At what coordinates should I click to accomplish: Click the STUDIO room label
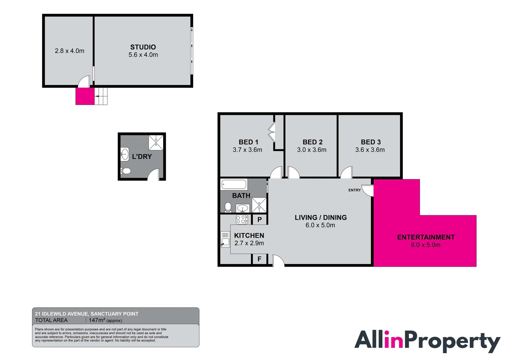coord(143,47)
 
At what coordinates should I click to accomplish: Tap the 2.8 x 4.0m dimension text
coord(69,51)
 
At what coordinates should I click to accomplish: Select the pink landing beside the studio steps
coord(85,96)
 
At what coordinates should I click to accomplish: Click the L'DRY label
coord(142,157)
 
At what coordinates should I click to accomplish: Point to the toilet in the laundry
coord(126,171)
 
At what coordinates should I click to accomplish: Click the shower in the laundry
coord(156,142)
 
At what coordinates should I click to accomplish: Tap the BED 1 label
coord(248,142)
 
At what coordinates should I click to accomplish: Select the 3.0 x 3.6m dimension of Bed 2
coord(311,150)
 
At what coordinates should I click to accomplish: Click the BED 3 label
coord(370,142)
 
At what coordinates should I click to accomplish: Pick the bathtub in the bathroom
coord(234,184)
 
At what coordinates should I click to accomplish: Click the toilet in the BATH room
coord(228,207)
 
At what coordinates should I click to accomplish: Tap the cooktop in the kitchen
coord(242,219)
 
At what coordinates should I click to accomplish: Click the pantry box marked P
coord(259,220)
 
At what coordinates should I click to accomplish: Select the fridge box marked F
coord(259,259)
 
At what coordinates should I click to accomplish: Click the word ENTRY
coord(354,190)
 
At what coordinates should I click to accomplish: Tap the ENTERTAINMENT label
coord(426,237)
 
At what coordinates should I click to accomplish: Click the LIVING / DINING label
coord(320,218)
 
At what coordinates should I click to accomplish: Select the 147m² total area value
coord(97,320)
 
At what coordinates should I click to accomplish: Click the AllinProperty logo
coord(427,341)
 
